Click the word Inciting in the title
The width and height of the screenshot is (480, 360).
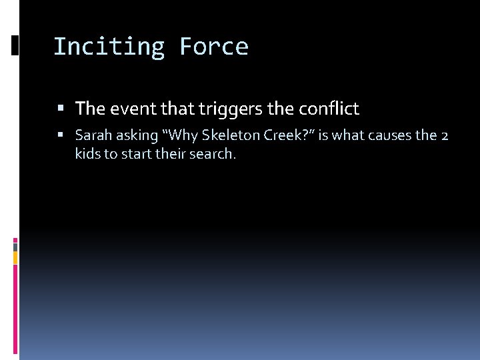(109, 47)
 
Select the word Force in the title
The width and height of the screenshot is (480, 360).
(213, 47)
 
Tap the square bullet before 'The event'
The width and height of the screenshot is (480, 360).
(61, 109)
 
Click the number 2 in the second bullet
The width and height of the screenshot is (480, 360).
(445, 135)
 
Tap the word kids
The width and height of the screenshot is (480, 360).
(88, 154)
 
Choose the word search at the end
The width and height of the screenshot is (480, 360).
(215, 154)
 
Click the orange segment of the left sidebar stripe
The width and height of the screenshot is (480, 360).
(15, 257)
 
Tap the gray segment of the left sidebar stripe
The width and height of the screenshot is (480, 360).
(15, 246)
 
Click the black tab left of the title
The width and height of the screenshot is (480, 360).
(15, 45)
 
